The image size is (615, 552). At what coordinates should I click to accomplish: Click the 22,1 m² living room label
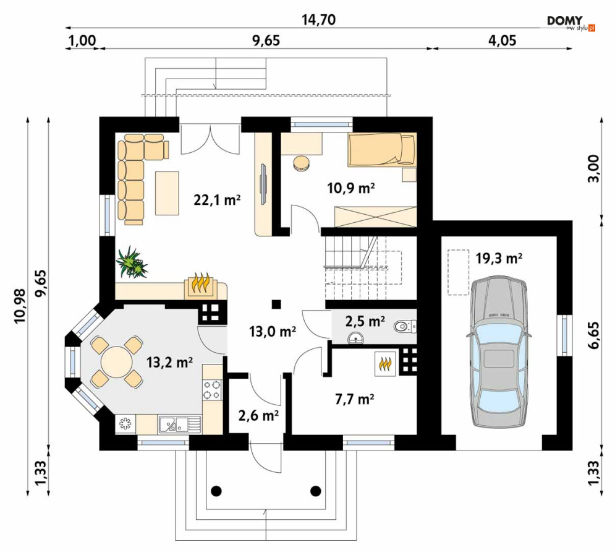pos(217,200)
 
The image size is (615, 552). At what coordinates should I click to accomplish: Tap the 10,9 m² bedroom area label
pos(351,188)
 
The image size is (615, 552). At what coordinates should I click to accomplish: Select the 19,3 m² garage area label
pos(499,258)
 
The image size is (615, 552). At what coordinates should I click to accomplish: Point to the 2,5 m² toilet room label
pos(365,321)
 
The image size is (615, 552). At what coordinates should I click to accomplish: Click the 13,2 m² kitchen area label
pos(169,362)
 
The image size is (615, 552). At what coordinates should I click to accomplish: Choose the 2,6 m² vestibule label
pos(258,415)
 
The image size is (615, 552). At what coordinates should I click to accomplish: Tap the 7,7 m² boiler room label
pos(355,399)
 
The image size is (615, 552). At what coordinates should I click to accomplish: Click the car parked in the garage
pos(499,351)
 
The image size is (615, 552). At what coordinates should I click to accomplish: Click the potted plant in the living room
pos(132,262)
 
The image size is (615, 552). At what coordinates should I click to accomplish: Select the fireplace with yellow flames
pos(200,285)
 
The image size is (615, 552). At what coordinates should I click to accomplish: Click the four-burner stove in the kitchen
pos(212,389)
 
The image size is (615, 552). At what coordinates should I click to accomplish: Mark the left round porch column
pos(216,490)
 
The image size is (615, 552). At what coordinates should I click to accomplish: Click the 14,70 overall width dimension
pos(318,20)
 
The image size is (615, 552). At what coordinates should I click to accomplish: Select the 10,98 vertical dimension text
pos(20,306)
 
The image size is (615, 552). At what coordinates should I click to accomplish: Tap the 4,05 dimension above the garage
pos(502,40)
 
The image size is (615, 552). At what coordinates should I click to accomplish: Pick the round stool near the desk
pos(301,163)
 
